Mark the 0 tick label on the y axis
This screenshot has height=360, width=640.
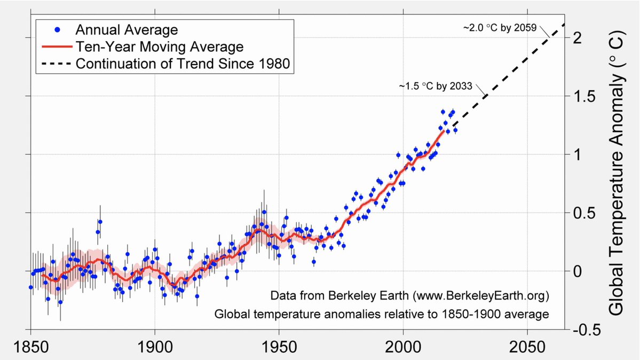[580, 271]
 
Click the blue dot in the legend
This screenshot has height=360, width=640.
[57, 29]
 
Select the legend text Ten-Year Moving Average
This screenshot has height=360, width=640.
[159, 46]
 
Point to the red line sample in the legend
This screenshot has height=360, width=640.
[57, 46]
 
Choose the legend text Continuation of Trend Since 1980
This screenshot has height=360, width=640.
[183, 64]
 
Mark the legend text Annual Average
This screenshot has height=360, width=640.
[127, 29]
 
